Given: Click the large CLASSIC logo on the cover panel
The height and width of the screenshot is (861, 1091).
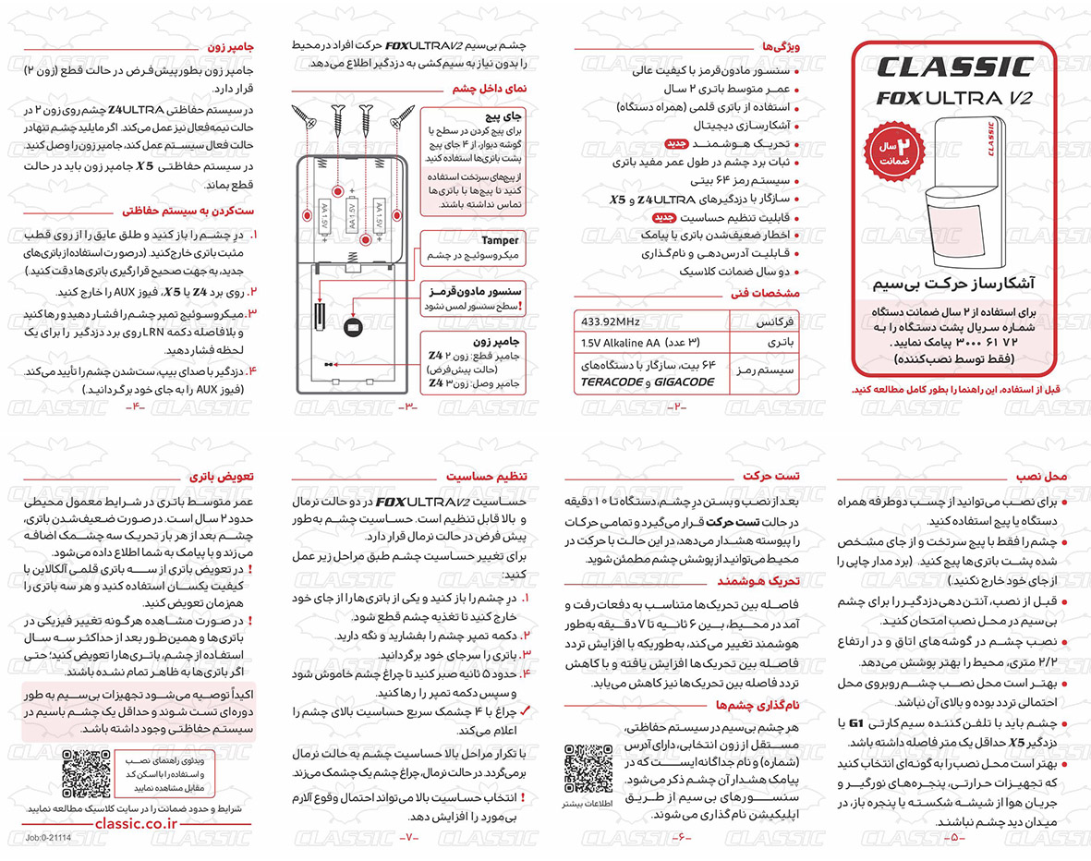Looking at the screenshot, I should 952,67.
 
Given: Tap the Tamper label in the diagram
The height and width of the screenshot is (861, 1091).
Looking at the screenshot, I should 500,239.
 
